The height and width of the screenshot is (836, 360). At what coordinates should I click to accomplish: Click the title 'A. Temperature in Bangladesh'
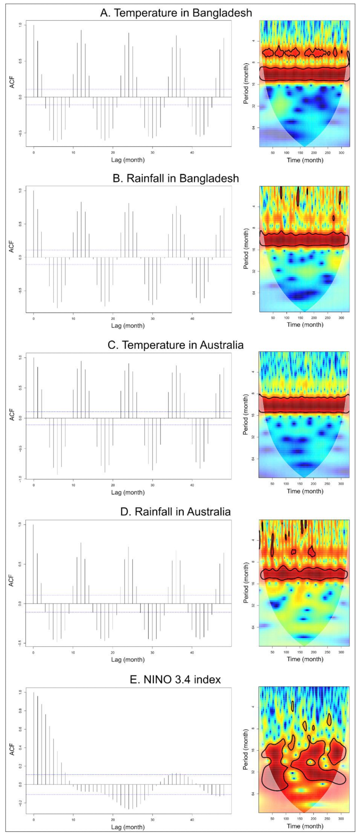point(176,13)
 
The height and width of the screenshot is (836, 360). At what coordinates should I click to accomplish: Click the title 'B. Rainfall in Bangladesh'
point(176,178)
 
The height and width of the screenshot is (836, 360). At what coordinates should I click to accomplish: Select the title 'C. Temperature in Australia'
point(176,345)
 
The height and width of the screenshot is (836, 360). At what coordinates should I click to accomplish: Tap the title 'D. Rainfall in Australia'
point(176,512)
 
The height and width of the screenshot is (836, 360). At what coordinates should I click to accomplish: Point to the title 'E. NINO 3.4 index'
point(176,680)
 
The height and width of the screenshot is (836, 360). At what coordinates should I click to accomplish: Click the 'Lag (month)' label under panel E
point(128,827)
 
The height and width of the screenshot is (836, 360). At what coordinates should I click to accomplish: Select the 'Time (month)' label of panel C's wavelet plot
point(305,491)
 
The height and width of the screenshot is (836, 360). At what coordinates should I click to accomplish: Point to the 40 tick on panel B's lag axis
point(192,319)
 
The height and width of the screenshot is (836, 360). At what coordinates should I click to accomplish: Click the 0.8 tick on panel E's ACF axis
point(20,711)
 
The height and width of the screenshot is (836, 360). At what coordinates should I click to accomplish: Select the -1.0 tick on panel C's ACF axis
point(20,479)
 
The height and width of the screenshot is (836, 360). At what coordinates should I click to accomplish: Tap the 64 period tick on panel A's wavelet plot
point(253,127)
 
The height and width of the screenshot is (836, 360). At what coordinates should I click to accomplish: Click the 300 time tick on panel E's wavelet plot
point(341,819)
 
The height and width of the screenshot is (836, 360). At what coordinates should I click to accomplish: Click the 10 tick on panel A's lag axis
point(73,153)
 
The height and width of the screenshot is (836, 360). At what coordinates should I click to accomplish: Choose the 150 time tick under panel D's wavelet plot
point(300,652)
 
